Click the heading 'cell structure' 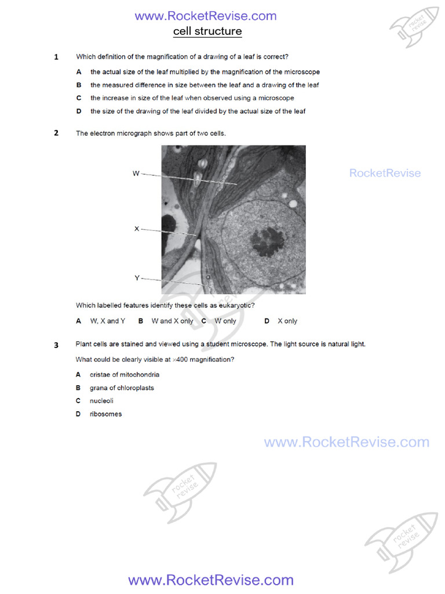[207, 31]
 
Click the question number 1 [56, 57]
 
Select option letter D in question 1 [78, 111]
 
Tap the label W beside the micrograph [136, 173]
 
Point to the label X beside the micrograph [137, 229]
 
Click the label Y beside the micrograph [137, 278]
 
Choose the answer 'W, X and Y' [108, 321]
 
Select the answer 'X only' [287, 321]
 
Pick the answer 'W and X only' [172, 321]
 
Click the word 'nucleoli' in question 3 [101, 401]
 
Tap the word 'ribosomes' [105, 414]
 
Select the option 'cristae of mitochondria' [124, 375]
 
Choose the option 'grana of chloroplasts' [122, 388]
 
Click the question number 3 [56, 345]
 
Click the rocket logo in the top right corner [413, 26]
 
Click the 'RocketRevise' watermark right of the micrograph [385, 173]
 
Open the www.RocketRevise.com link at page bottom [210, 580]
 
